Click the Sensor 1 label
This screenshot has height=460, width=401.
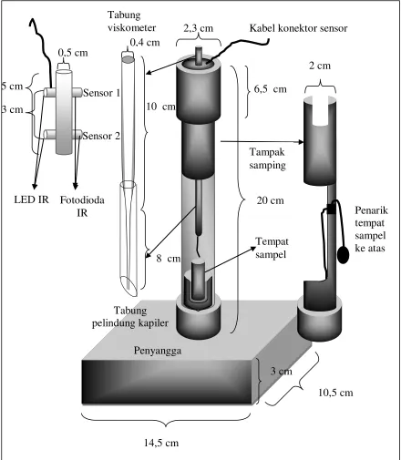click(101, 93)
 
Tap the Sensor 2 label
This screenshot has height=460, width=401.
click(101, 136)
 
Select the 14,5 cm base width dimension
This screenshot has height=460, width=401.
click(161, 443)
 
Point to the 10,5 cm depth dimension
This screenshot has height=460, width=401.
click(335, 393)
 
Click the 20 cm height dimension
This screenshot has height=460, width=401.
click(271, 200)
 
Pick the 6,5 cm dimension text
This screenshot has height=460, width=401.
click(271, 89)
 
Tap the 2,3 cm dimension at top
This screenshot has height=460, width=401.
click(199, 28)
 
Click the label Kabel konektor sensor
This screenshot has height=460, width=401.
click(298, 28)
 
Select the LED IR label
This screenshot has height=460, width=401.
click(31, 199)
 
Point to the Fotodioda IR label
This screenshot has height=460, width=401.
click(82, 206)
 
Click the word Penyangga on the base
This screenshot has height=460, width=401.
click(158, 351)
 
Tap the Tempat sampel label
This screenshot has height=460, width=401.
click(272, 248)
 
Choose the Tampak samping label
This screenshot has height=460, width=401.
click(267, 158)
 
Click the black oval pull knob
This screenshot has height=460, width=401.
click(344, 254)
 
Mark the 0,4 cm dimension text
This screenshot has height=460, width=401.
click(145, 43)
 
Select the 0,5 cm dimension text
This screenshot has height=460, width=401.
click(73, 53)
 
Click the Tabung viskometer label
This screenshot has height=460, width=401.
click(131, 21)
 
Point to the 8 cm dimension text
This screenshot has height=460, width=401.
click(169, 259)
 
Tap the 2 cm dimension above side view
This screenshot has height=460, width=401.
click(320, 66)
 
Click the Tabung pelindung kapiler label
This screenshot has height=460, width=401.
click(130, 317)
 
